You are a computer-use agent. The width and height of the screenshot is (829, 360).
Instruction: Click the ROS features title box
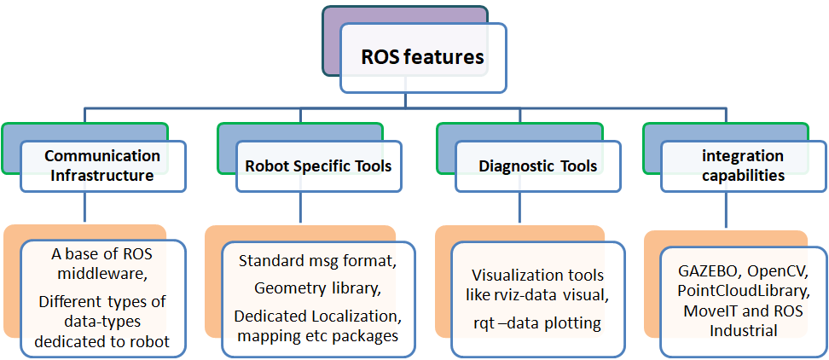(x=423, y=58)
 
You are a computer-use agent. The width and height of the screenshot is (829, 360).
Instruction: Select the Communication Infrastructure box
(x=102, y=165)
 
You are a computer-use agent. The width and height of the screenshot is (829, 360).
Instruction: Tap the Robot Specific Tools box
(x=318, y=165)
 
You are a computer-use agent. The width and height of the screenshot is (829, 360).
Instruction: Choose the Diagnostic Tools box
(x=537, y=165)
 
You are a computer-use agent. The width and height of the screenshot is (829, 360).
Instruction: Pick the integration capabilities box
(x=743, y=165)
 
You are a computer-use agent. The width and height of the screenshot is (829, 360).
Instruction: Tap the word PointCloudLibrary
(x=744, y=291)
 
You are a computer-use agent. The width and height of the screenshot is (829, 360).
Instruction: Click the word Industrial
(x=743, y=330)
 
